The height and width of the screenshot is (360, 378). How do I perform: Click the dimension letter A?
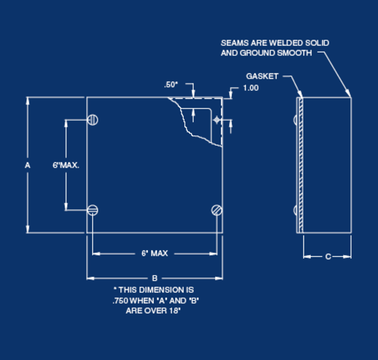[27, 165]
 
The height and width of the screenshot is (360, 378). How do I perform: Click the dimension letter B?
[155, 278]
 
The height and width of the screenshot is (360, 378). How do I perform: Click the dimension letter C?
[328, 256]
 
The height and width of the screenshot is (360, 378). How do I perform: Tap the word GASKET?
[262, 76]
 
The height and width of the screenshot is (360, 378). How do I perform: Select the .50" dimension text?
[171, 85]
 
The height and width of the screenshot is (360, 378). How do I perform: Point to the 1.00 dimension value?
[251, 88]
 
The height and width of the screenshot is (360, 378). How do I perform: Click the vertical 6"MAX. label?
[66, 165]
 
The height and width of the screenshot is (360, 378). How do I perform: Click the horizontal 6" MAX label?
[155, 254]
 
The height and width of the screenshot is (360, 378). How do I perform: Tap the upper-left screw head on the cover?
[92, 120]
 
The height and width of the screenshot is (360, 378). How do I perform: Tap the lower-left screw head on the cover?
[92, 210]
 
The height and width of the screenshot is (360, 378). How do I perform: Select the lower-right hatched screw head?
[217, 210]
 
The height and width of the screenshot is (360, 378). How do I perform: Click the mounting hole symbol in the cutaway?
[217, 120]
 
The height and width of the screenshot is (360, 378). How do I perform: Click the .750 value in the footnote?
[120, 301]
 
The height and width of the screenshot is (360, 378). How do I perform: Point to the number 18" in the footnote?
[175, 310]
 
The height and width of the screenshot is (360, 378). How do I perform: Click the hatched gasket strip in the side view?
[301, 165]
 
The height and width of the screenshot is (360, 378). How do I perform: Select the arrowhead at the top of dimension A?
[28, 101]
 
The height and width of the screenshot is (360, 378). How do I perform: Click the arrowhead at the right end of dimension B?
[219, 278]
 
